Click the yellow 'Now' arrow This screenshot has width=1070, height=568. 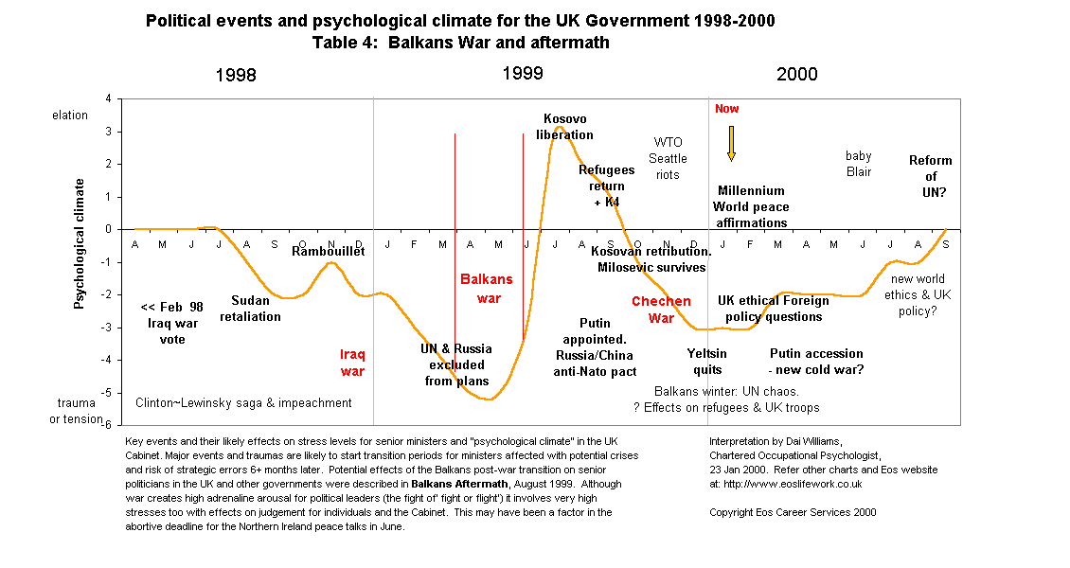[731, 143]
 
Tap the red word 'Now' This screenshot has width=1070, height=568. [727, 109]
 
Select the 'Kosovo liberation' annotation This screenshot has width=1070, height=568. [564, 127]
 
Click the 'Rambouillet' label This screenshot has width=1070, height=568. [327, 251]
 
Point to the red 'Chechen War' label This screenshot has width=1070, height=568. [661, 310]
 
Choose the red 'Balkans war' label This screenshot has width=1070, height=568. [486, 289]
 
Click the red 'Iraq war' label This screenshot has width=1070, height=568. [352, 363]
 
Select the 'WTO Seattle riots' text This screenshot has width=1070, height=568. [668, 158]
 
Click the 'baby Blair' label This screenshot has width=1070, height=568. [858, 164]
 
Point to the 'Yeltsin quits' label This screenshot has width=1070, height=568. [707, 362]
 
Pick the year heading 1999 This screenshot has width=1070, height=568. [523, 73]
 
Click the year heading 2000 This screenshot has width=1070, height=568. [796, 75]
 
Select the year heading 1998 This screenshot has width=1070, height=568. [235, 76]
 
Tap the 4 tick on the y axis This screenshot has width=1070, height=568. [108, 98]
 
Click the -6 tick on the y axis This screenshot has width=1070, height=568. [107, 425]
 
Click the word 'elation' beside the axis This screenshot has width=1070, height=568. [70, 115]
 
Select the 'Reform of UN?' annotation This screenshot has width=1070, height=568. [930, 176]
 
